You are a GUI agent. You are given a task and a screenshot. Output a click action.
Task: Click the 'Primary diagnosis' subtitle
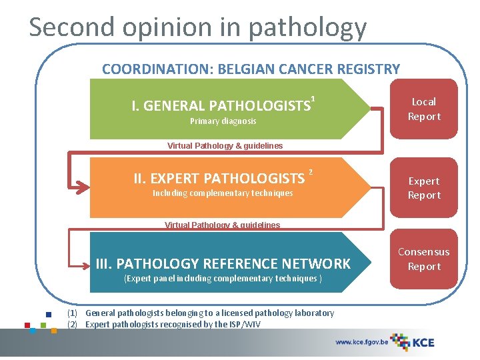click(223, 121)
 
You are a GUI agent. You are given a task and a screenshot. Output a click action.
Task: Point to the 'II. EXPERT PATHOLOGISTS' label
click(219, 178)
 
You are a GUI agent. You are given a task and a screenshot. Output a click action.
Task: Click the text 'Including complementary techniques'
click(223, 193)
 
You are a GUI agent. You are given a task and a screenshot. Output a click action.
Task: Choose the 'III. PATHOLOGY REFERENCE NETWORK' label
click(223, 264)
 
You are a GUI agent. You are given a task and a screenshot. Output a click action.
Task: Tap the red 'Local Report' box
click(424, 109)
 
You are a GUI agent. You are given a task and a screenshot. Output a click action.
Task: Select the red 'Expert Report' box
click(424, 188)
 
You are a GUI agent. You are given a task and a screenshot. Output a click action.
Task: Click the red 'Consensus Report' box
click(424, 259)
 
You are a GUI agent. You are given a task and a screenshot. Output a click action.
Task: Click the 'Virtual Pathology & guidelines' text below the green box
click(225, 145)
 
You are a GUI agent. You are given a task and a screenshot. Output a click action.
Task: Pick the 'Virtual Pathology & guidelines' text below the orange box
click(222, 225)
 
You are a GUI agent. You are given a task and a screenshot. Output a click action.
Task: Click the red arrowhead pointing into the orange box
click(83, 188)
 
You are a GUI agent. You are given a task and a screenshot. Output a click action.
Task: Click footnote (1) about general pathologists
click(200, 313)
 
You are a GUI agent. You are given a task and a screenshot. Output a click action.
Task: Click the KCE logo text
click(422, 343)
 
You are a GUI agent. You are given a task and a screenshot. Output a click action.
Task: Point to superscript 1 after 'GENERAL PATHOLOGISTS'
click(313, 99)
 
